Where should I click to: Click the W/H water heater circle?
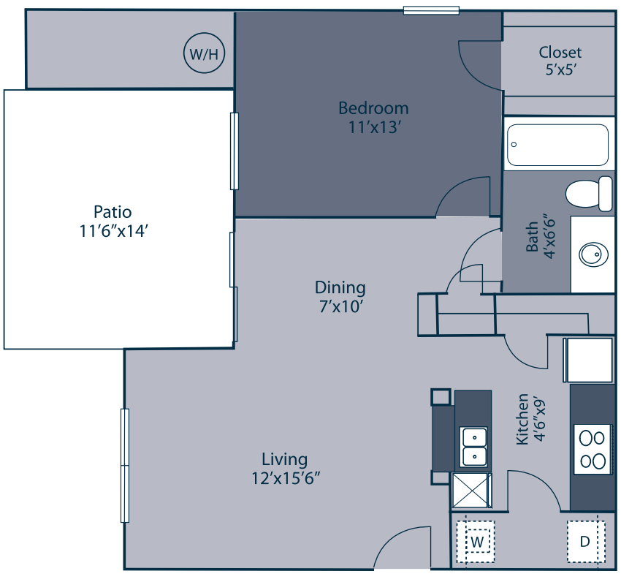204,53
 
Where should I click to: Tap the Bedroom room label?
373,108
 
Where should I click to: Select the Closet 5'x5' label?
560,52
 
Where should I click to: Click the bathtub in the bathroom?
558,145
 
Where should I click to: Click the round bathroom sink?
592,255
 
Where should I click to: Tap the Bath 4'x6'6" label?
541,238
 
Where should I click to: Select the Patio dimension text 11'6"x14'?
113,230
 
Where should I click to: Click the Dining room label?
340,287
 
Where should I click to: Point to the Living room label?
284,459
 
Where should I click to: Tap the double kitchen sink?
474,447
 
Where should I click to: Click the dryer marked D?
584,542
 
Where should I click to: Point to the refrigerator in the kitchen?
588,360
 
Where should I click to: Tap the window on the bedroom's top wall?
431,10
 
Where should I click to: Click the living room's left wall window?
125,465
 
